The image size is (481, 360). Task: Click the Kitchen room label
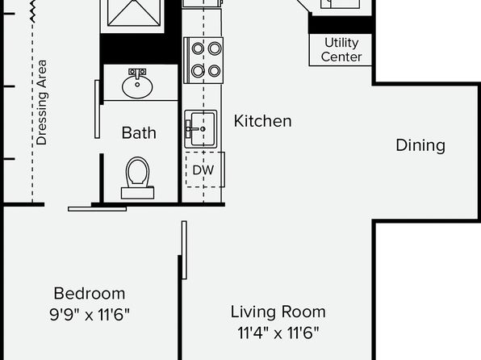pyautogui.click(x=262, y=121)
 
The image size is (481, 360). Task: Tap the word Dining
pyautogui.click(x=420, y=145)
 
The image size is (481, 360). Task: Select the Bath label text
pyautogui.click(x=139, y=133)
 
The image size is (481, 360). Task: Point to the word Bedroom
pyautogui.click(x=90, y=293)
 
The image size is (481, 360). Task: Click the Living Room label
pyautogui.click(x=278, y=312)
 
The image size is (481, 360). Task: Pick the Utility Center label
pyautogui.click(x=341, y=50)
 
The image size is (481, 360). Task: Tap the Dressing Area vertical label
pyautogui.click(x=41, y=103)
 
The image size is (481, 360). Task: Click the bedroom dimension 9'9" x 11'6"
pyautogui.click(x=90, y=315)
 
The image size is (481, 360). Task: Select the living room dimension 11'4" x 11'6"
pyautogui.click(x=278, y=333)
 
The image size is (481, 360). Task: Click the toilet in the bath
pyautogui.click(x=137, y=178)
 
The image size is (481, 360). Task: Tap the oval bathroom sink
pyautogui.click(x=137, y=86)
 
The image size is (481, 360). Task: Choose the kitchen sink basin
pyautogui.click(x=201, y=129)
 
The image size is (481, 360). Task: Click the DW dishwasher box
pyautogui.click(x=205, y=170)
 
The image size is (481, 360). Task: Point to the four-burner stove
pyautogui.click(x=203, y=61)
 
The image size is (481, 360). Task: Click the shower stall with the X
pyautogui.click(x=134, y=13)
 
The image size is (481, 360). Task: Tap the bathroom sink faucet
pyautogui.click(x=137, y=73)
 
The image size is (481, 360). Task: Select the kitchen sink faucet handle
pyautogui.click(x=188, y=129)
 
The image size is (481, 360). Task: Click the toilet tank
pyautogui.click(x=137, y=193)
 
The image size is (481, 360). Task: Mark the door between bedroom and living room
pyautogui.click(x=184, y=250)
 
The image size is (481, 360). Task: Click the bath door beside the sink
pyautogui.click(x=97, y=109)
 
